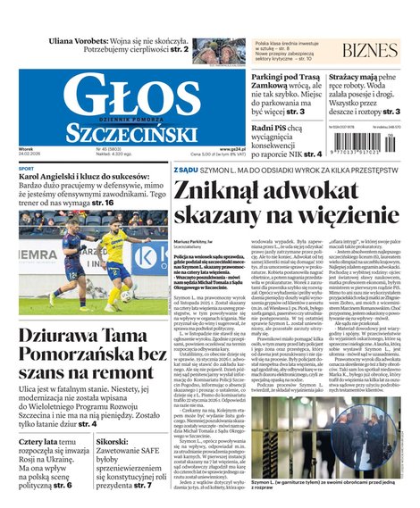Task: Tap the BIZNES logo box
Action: (370, 50)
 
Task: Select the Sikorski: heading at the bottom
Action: (115, 441)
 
